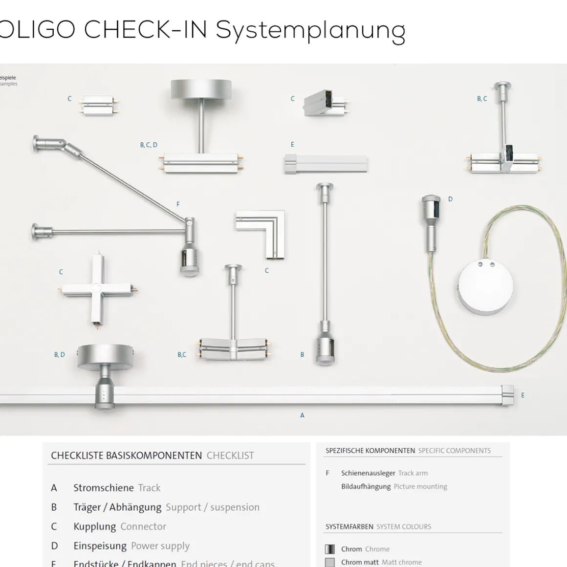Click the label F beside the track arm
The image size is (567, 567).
click(x=178, y=204)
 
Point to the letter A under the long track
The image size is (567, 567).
click(x=302, y=415)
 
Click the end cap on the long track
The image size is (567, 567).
click(x=507, y=395)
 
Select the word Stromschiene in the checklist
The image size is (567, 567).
click(x=103, y=488)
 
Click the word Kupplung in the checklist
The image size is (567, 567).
click(x=94, y=526)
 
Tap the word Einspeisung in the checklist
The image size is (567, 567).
click(x=100, y=545)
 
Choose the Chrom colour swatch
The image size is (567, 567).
click(x=330, y=549)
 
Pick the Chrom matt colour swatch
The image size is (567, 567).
click(x=330, y=562)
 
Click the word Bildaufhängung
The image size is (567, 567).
click(x=366, y=486)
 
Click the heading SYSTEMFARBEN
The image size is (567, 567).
click(x=349, y=526)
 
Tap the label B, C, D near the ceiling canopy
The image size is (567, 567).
click(x=149, y=145)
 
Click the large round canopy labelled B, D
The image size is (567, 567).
click(x=105, y=355)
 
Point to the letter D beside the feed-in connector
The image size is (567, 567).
click(x=450, y=199)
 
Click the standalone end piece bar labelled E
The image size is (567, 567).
click(x=326, y=164)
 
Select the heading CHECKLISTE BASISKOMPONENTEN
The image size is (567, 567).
click(x=126, y=456)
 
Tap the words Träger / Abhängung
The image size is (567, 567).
click(x=117, y=507)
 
